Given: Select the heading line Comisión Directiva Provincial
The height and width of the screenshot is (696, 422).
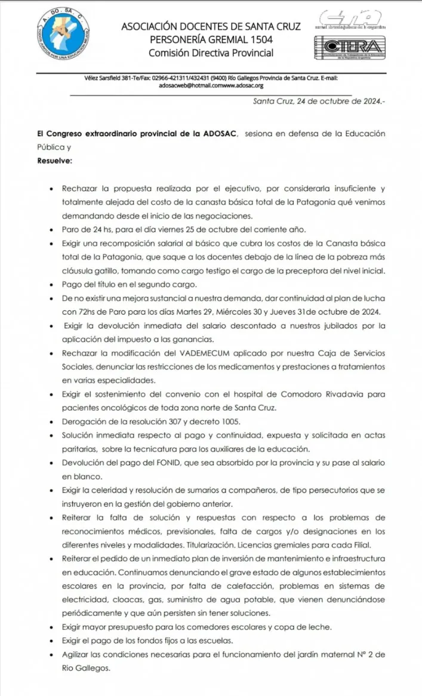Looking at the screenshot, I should point(211,53).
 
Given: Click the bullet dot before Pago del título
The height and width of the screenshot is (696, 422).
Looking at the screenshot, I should point(54,284).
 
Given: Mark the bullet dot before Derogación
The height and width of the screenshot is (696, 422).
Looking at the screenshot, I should point(54,422).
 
